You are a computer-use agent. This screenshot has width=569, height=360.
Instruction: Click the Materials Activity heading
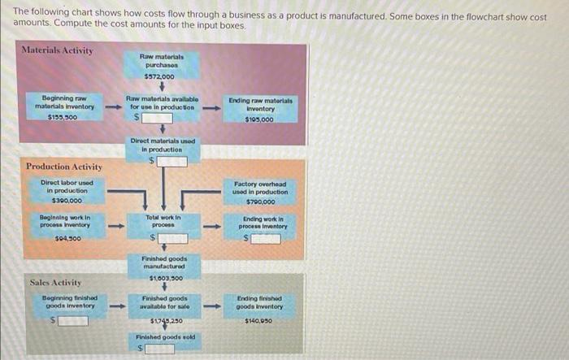[58, 50]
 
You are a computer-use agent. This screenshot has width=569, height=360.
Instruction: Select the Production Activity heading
[64, 167]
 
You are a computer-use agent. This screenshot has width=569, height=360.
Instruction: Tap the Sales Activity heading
[55, 282]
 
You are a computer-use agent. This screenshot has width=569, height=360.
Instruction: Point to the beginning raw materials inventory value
[64, 116]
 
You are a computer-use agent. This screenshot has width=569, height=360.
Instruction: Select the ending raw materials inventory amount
[259, 119]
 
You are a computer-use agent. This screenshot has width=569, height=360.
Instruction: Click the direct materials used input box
[172, 161]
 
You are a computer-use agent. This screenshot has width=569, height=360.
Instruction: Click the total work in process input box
[172, 238]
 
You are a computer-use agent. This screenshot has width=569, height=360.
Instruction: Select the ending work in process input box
[265, 238]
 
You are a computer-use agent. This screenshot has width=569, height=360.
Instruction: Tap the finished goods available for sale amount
[162, 320]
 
